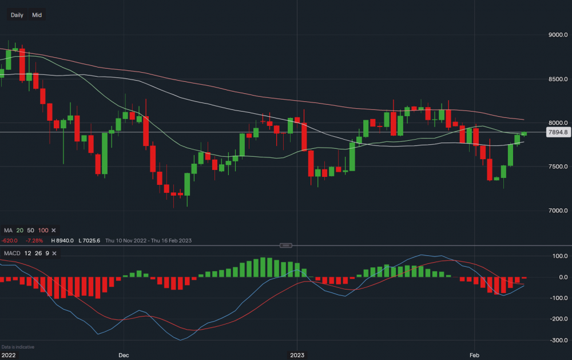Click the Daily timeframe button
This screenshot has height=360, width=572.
coord(17,15)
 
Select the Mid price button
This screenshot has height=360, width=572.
coord(37,15)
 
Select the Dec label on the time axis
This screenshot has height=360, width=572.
coord(124,355)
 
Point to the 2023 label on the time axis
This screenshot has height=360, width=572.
coord(296,355)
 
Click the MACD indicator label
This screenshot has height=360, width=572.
coord(13,253)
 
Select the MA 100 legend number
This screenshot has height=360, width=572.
coord(42,230)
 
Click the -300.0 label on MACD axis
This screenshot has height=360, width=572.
coord(558,340)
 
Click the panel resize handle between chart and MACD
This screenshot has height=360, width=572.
coord(285,245)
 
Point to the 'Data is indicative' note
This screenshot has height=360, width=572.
coord(18,347)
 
